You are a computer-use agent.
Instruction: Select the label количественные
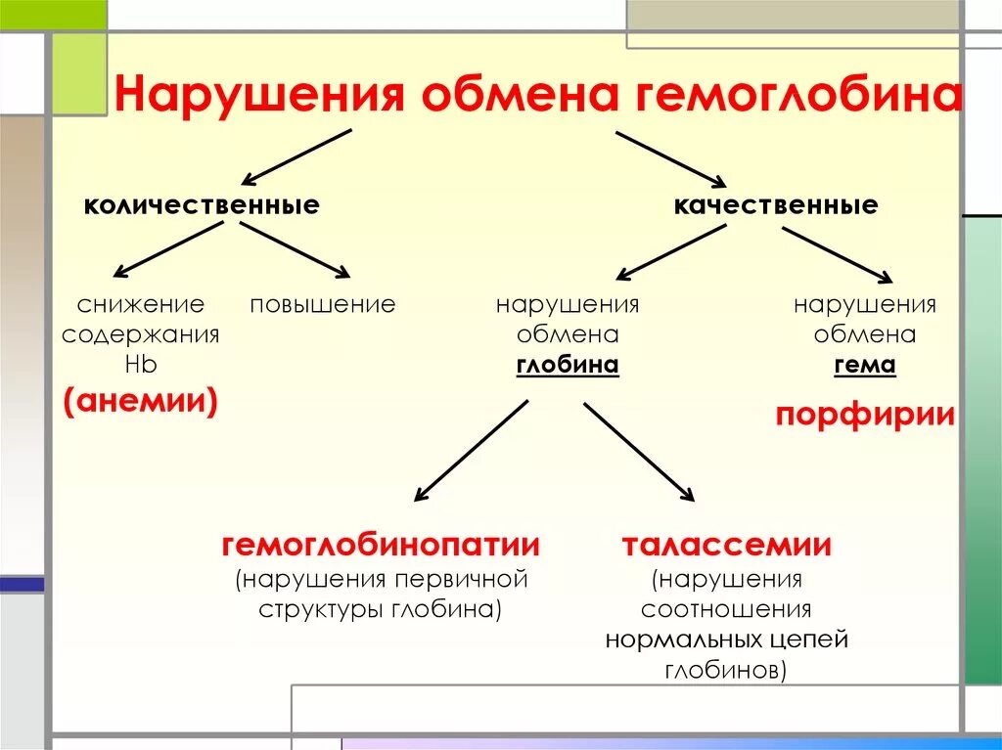click(202, 205)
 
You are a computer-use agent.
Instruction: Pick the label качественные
click(776, 205)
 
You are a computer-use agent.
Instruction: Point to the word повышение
click(323, 304)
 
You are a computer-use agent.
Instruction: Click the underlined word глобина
click(568, 365)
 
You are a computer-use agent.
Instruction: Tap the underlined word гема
click(865, 365)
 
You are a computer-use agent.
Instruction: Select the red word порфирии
click(865, 415)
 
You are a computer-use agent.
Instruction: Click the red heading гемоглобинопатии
click(381, 545)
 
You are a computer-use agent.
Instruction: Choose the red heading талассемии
click(727, 545)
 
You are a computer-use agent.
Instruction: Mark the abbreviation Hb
click(141, 365)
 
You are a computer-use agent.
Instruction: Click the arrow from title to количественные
click(296, 156)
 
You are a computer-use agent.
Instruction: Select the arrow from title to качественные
click(670, 157)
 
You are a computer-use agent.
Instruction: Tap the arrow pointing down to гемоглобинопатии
click(472, 450)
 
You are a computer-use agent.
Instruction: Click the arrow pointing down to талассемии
click(639, 451)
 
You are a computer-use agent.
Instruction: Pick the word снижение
click(141, 304)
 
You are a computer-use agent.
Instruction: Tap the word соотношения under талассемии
click(727, 610)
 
